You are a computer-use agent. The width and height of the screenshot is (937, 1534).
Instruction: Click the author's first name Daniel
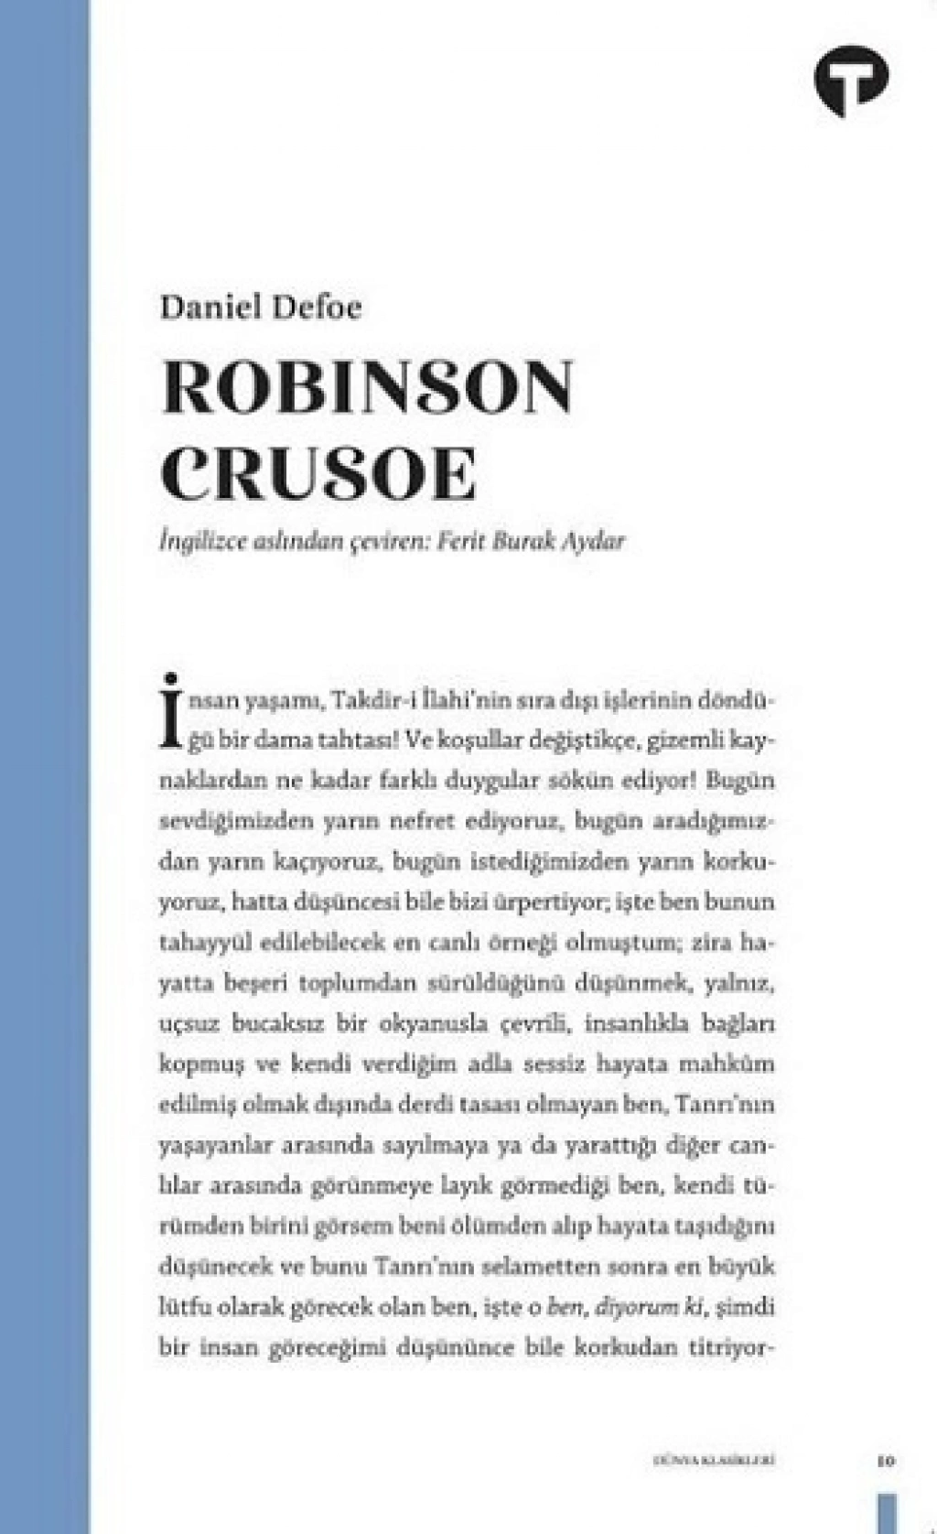(206, 307)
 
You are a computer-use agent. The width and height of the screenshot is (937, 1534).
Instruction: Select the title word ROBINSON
(367, 388)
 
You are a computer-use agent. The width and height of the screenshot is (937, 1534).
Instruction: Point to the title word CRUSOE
(319, 473)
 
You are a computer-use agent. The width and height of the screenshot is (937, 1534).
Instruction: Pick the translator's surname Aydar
(594, 541)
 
